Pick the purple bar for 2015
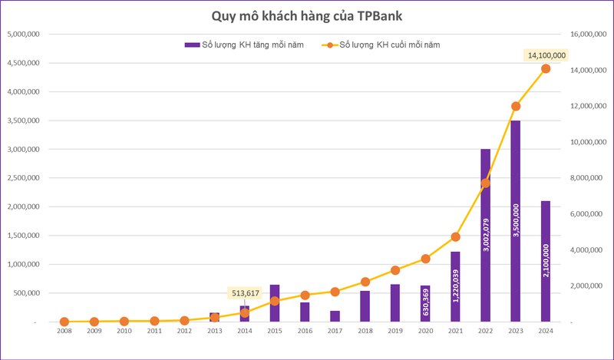[275, 303]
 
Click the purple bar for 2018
[365, 306]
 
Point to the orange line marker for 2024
[546, 68]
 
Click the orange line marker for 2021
[455, 237]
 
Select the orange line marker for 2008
[64, 322]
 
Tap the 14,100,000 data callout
[545, 55]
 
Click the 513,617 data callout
[245, 292]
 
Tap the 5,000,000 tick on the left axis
[25, 35]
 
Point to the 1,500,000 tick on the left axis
[25, 236]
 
